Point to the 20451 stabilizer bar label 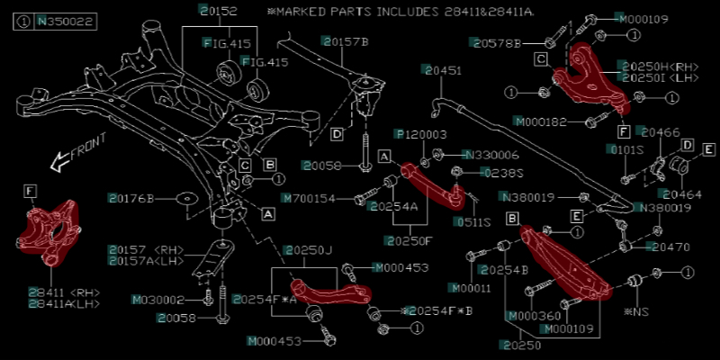pos(444,69)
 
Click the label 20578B pos(498,42)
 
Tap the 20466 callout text pos(661,132)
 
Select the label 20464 pos(681,193)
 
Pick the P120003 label pos(422,134)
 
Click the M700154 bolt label pos(309,198)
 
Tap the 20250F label pos(409,240)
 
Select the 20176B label pos(132,198)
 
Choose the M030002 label pos(158,300)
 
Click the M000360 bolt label pos(532,316)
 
